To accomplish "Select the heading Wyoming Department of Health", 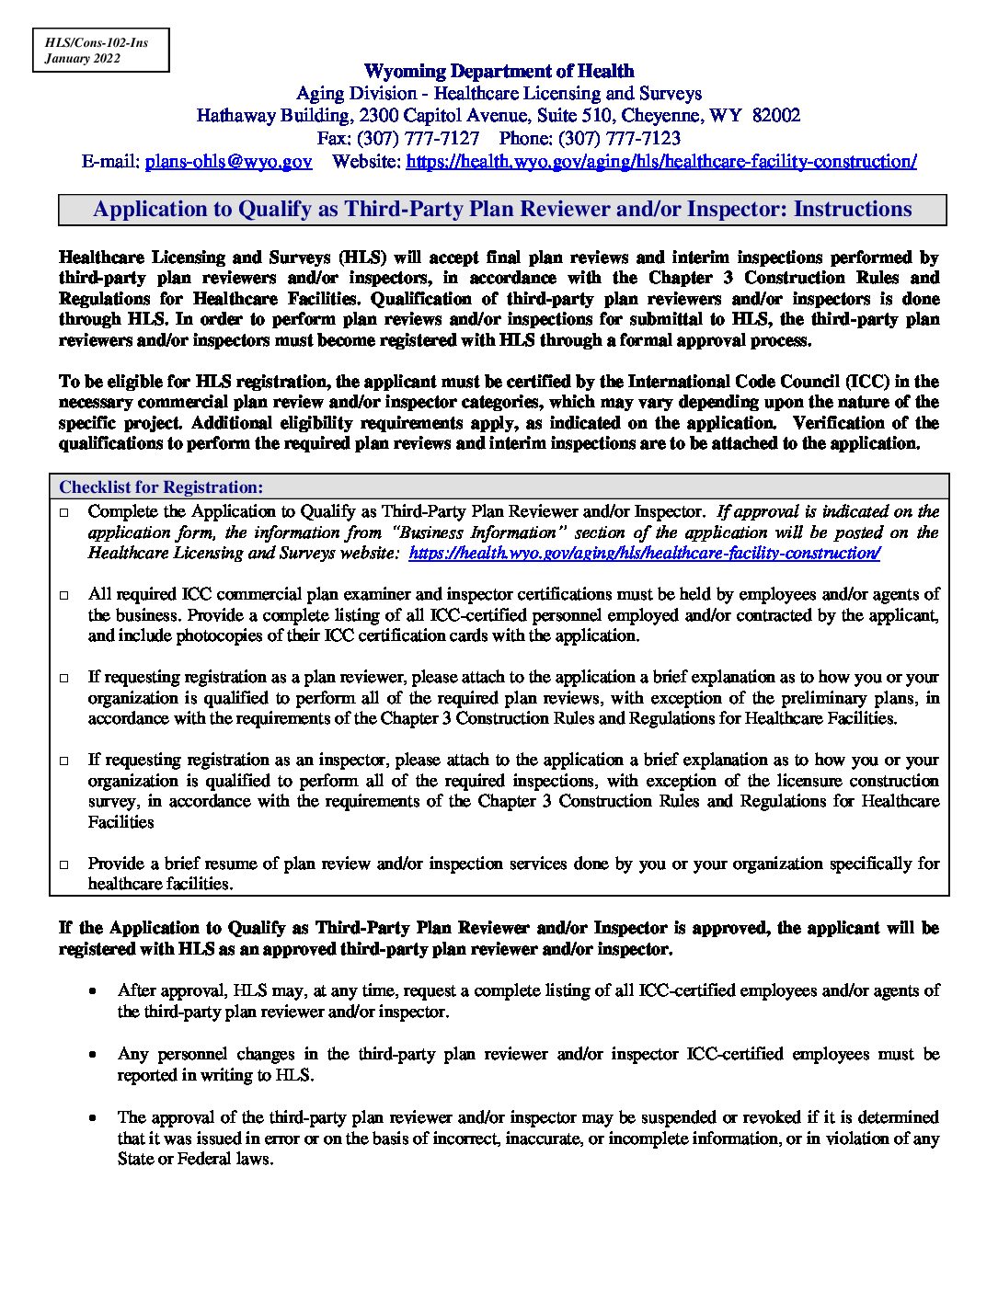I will (x=499, y=71).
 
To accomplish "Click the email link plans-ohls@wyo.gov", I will (x=228, y=161).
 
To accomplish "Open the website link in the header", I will (x=660, y=161).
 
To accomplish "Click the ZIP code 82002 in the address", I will (x=776, y=115).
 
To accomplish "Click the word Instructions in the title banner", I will (x=852, y=209).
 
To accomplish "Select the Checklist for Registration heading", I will (x=161, y=486).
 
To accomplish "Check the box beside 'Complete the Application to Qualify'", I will (x=64, y=512).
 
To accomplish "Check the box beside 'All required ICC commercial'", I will (x=64, y=595).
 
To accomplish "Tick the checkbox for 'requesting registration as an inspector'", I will (x=64, y=761).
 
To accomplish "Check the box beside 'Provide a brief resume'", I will (x=64, y=864).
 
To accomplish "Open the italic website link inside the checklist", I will (x=644, y=553).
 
